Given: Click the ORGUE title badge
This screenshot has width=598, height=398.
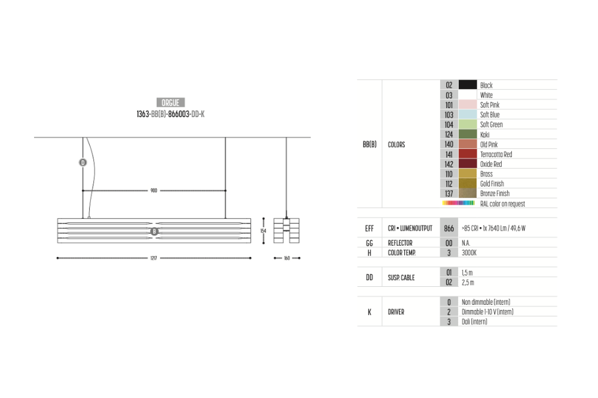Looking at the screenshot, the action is coord(170,103).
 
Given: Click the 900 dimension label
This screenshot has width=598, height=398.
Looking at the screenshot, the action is coord(154,191).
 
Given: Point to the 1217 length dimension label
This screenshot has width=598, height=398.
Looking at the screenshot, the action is coord(154,258).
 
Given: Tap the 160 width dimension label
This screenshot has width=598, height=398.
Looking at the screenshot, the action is coord(287,258).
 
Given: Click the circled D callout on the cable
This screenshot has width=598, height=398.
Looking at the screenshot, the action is coord(83,163).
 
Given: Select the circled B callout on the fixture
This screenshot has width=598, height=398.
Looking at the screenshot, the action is coord(154,231).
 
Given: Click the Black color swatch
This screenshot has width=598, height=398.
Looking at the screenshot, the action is coord(468,85).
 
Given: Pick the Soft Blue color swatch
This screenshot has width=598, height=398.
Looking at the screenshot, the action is coord(468,114).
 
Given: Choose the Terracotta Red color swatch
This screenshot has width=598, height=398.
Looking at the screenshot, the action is coord(468,154).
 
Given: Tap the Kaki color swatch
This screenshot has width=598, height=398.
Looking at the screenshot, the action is coord(468,134).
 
